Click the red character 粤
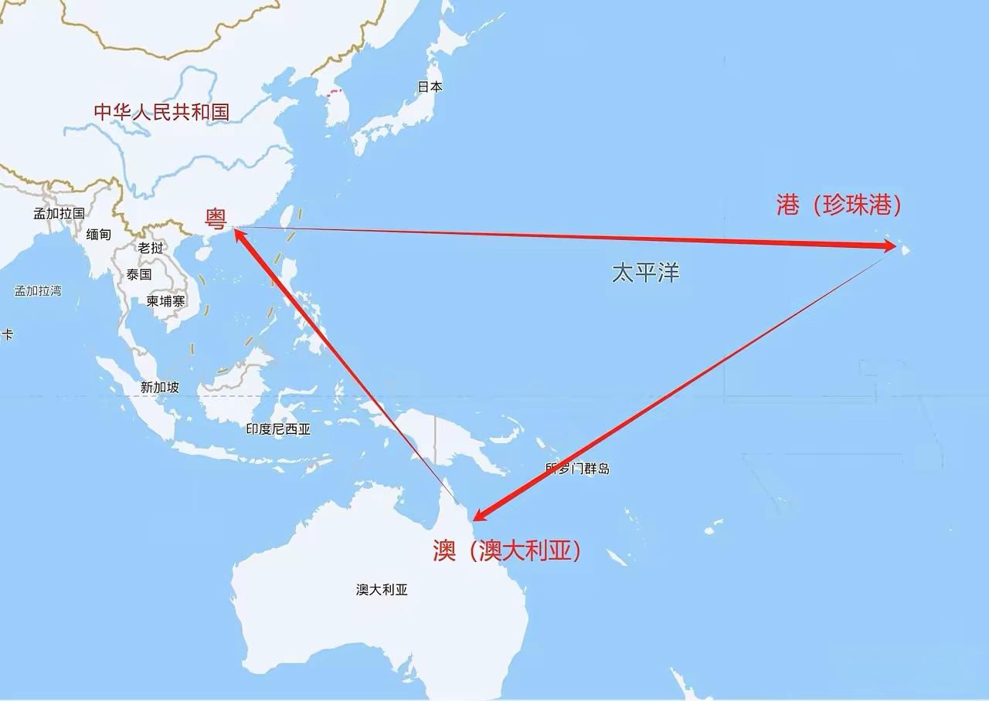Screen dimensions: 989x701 (x=216, y=219)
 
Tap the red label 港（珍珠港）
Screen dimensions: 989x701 (x=839, y=205)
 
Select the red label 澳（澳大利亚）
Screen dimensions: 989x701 (x=506, y=551)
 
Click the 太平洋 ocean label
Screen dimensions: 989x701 (x=646, y=273)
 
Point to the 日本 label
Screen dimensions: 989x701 (x=430, y=87)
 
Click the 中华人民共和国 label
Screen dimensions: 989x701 (x=161, y=111)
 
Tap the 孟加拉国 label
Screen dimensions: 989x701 (x=59, y=213)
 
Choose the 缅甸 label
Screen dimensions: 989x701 (x=99, y=234)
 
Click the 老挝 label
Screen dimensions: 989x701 (x=151, y=248)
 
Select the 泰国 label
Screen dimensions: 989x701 (x=139, y=274)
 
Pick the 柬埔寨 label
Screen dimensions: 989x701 (x=166, y=301)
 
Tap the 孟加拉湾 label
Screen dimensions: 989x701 (x=38, y=291)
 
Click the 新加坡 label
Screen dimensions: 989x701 (x=160, y=388)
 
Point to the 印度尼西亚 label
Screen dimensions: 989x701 (x=278, y=429)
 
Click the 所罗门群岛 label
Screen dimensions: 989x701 (x=577, y=469)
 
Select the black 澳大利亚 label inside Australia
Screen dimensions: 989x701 (x=382, y=590)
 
